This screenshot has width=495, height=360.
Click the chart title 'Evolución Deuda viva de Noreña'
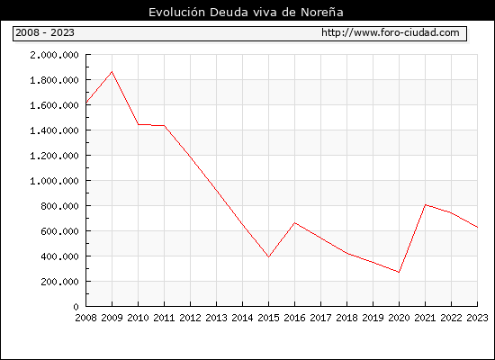coord(246,12)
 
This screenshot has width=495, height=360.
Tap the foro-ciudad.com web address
coord(391,32)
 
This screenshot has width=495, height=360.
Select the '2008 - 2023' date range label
coord(45,32)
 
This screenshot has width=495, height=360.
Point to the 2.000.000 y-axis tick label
coord(54,55)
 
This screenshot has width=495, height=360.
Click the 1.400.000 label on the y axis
coord(54,130)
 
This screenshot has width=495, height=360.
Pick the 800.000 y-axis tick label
coord(59,206)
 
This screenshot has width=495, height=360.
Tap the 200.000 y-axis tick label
coord(59,282)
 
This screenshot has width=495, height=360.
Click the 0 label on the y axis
coord(76,307)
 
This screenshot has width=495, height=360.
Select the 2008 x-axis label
coord(85,318)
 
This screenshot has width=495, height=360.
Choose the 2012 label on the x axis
coord(191,318)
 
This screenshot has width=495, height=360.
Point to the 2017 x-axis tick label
coord(320,318)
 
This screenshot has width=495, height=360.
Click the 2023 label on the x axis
coord(477,318)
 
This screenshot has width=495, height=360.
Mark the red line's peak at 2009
coord(112,72)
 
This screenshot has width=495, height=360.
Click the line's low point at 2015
coord(269,256)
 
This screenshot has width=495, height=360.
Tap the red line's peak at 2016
coord(295,223)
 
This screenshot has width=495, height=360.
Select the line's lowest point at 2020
coord(399,272)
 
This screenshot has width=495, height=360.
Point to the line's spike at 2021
coord(425,204)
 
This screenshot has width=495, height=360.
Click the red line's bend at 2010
coord(139,124)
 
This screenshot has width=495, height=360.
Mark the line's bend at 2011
coord(164,126)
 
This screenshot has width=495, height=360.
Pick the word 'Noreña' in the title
coord(322,12)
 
